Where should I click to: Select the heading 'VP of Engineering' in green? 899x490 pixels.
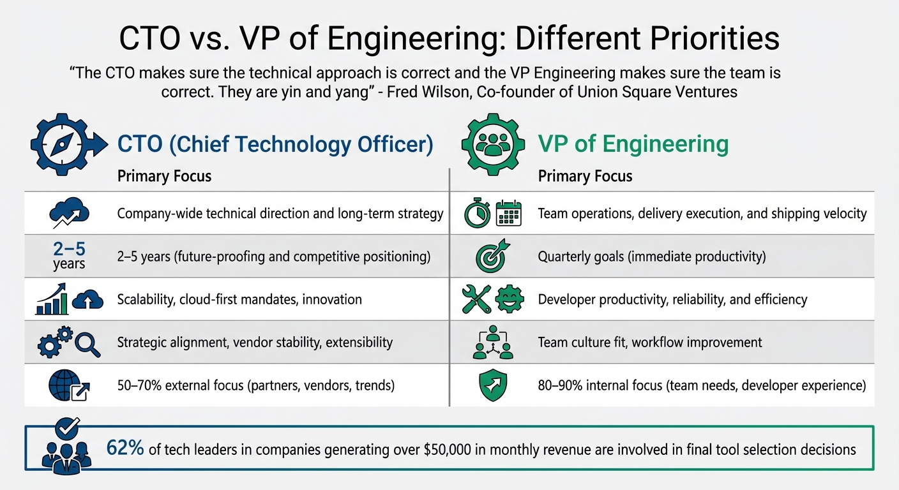click(633, 144)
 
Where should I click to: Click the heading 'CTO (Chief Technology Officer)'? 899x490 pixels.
click(275, 144)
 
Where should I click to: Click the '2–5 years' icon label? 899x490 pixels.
click(69, 255)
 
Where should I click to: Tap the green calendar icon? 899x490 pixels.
click(509, 213)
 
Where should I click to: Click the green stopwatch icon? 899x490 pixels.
click(477, 213)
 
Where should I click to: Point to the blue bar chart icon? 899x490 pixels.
click(52, 300)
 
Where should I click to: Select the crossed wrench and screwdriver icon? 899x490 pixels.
click(477, 300)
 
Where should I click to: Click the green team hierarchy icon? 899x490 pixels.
click(492, 342)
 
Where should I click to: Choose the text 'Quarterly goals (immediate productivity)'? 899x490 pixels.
click(652, 256)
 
